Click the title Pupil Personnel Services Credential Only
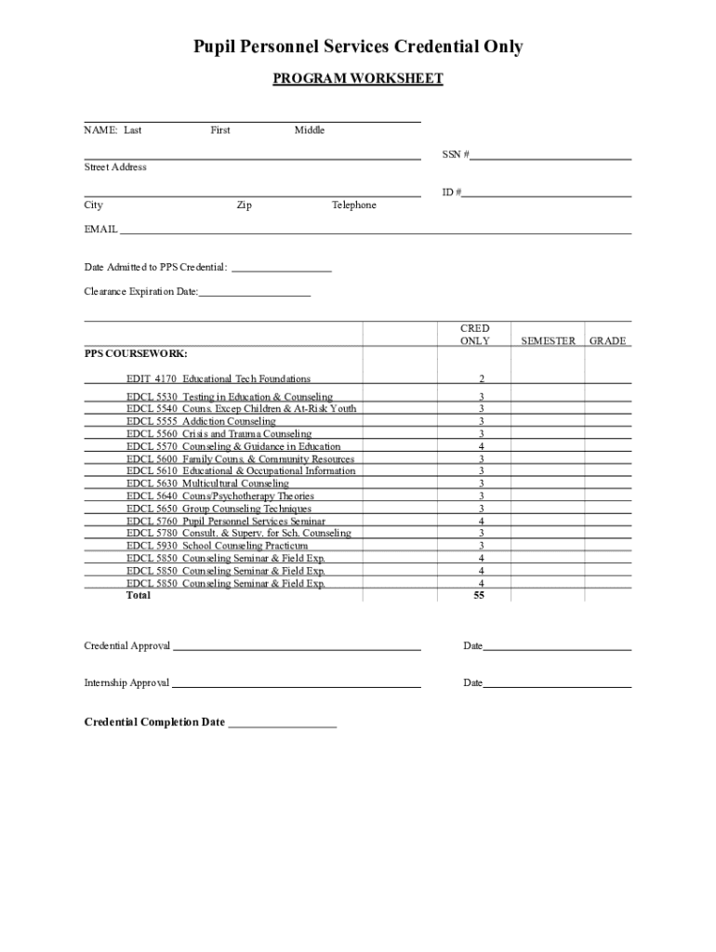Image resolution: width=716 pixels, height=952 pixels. pos(358,46)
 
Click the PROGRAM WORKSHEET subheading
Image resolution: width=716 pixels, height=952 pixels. pos(358,79)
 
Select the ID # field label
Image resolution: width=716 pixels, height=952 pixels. pos(451,192)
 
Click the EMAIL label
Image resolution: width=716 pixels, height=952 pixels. pos(100,229)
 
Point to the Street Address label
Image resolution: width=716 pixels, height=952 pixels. pos(115,167)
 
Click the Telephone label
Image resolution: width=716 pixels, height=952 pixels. pos(354,205)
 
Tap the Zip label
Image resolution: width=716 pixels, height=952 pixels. pos(244,205)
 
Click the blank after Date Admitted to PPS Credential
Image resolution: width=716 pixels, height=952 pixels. pos(281,268)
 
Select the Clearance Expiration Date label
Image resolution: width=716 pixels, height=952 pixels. pos(141,292)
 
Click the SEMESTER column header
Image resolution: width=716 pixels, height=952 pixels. pos(548,341)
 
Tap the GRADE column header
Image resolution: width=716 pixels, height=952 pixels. pos(608,341)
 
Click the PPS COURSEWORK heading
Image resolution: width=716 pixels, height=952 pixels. pos(136,354)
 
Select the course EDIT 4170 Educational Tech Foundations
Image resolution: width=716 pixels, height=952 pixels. pos(219,378)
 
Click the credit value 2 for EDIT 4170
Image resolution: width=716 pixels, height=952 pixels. pos(481,379)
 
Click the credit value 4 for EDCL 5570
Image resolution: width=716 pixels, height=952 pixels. pos(481,446)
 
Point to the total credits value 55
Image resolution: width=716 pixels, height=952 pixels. pos(479,596)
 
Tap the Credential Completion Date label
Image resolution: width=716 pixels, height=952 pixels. pos(154,722)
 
